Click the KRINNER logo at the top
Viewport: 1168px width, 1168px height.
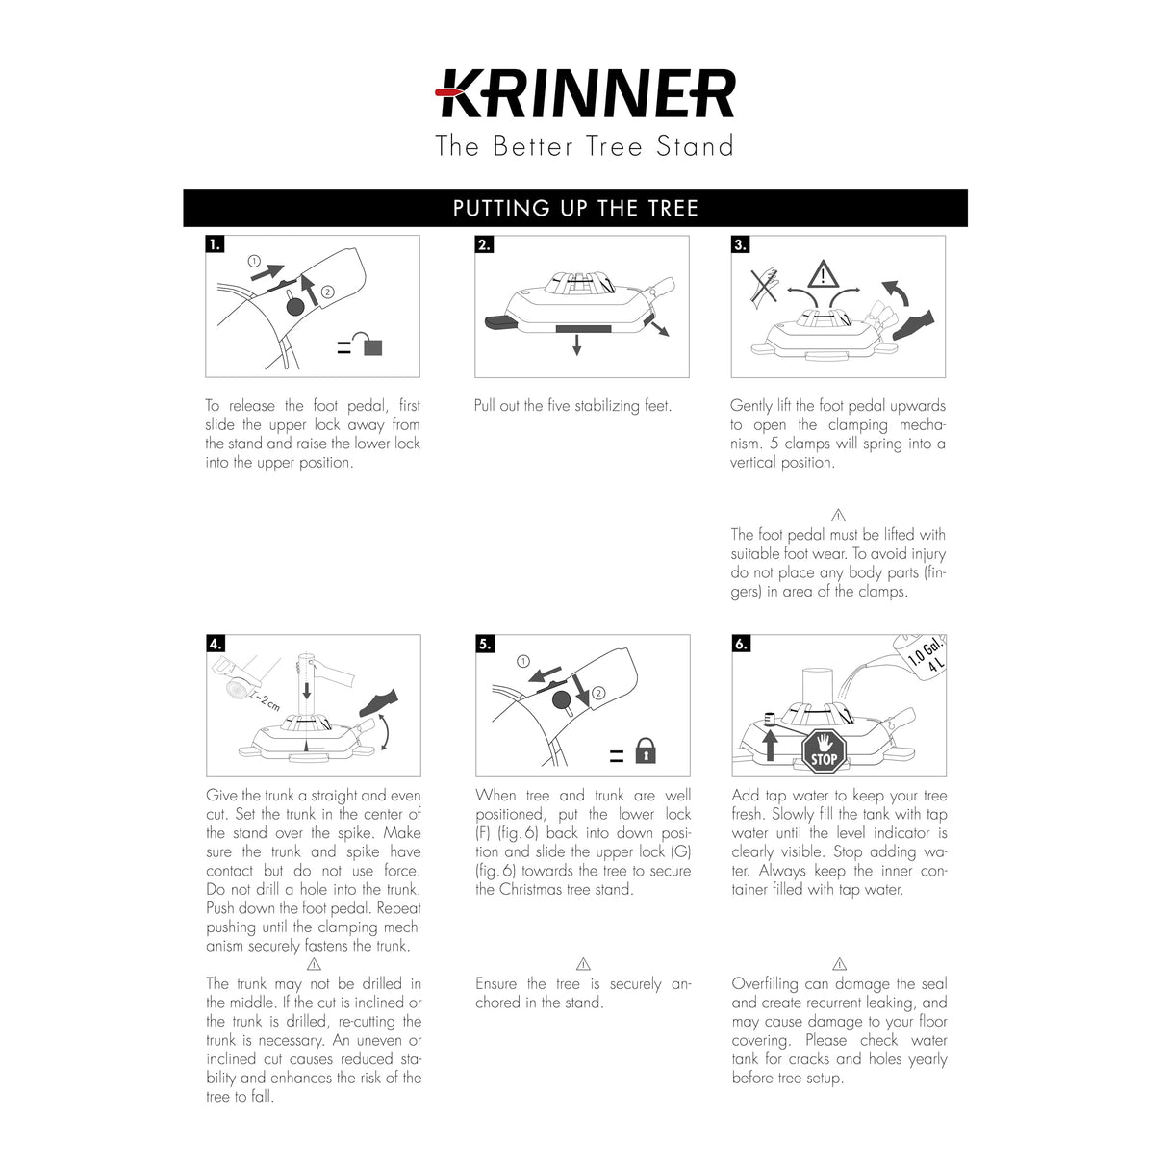pos(585,94)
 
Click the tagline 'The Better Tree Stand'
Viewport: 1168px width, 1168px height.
pos(584,146)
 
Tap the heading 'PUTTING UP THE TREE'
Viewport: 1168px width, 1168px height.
pos(575,208)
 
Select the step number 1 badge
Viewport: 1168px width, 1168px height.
pos(215,244)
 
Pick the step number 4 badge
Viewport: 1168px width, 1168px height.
pos(216,644)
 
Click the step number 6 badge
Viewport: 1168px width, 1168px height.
pos(741,644)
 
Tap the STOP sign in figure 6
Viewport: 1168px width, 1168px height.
pos(824,751)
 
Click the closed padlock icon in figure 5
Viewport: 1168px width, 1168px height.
pos(646,750)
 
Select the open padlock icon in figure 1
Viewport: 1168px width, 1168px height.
pos(368,343)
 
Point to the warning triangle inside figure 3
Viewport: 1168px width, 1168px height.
pos(823,275)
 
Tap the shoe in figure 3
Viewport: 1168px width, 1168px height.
pos(913,324)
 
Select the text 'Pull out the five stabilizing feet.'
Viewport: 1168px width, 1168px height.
pos(572,406)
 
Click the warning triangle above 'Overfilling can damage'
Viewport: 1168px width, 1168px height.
pos(839,964)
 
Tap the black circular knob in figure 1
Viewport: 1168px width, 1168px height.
pos(294,307)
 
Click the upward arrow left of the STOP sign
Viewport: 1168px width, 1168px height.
pos(769,745)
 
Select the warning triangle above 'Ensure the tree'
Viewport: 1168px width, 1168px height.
pos(583,964)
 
